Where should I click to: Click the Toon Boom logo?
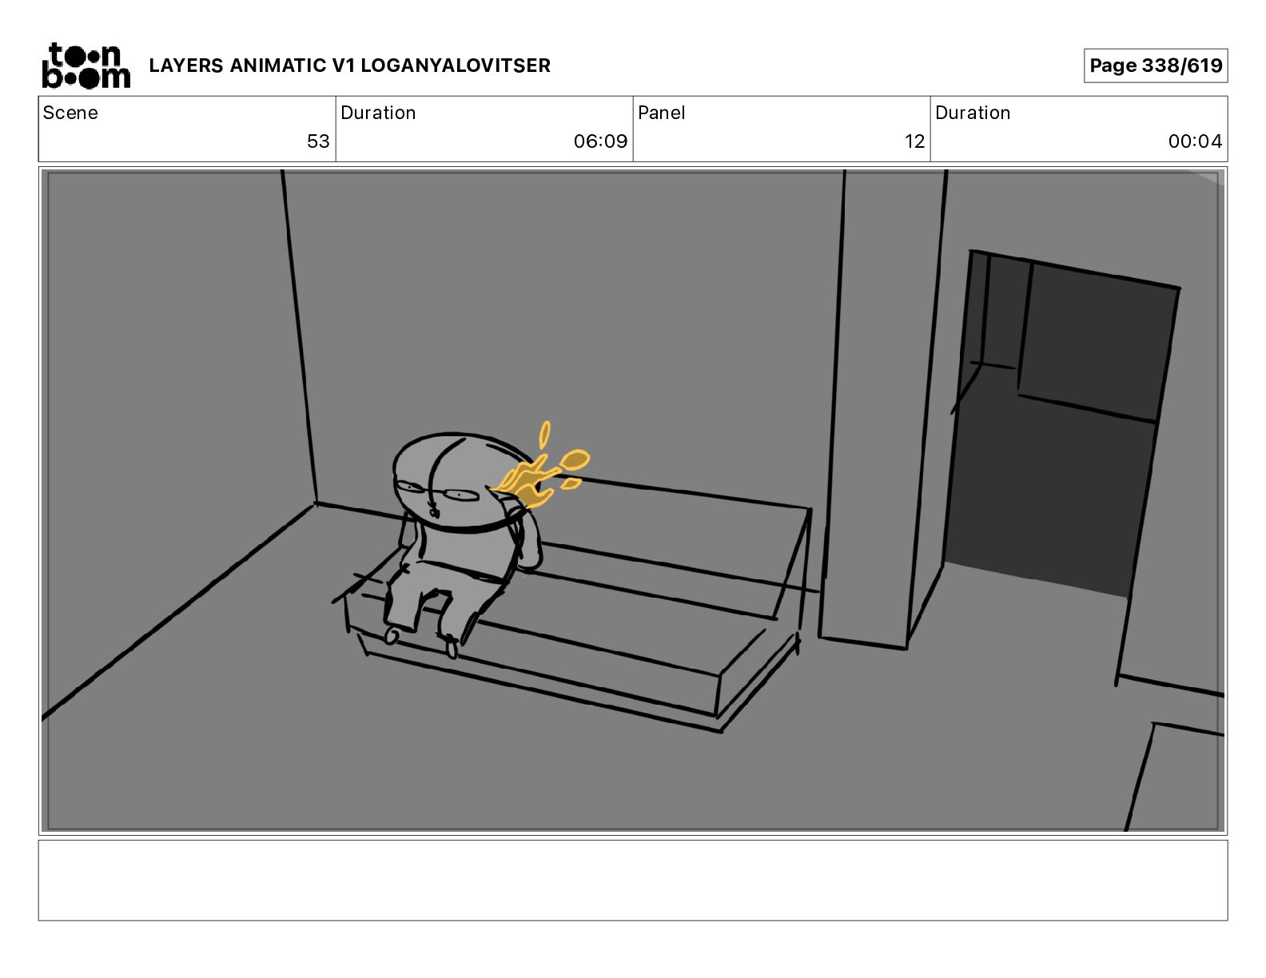point(86,66)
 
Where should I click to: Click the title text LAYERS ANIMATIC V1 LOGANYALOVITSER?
point(349,66)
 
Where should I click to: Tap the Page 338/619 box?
point(1156,66)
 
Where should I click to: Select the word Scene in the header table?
point(70,113)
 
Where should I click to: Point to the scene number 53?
point(318,141)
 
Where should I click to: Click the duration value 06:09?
point(601,141)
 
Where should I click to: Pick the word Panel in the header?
point(661,113)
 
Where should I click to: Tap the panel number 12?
point(914,141)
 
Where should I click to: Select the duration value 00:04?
point(1195,141)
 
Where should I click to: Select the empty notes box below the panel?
point(633,881)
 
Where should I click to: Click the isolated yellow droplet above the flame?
point(544,435)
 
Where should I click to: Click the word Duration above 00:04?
point(973,113)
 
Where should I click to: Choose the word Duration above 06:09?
point(378,113)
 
